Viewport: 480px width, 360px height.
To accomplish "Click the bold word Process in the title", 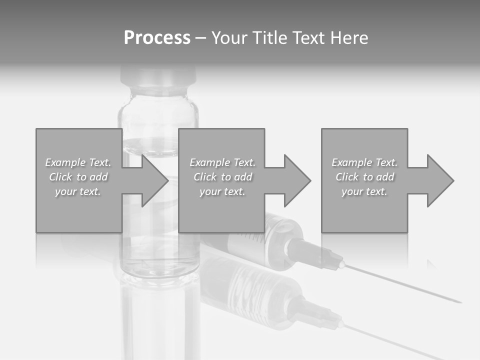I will click(157, 38).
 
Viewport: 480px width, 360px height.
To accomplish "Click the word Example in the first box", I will click(65, 162).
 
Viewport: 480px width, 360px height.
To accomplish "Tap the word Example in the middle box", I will click(209, 162).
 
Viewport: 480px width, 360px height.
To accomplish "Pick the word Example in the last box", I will click(351, 162).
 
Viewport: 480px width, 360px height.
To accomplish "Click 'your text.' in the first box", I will click(78, 191).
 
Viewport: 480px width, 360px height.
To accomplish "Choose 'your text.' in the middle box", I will click(222, 191).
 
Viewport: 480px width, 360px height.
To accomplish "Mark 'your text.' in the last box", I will click(364, 191).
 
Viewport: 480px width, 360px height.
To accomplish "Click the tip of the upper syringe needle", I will click(460, 301).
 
